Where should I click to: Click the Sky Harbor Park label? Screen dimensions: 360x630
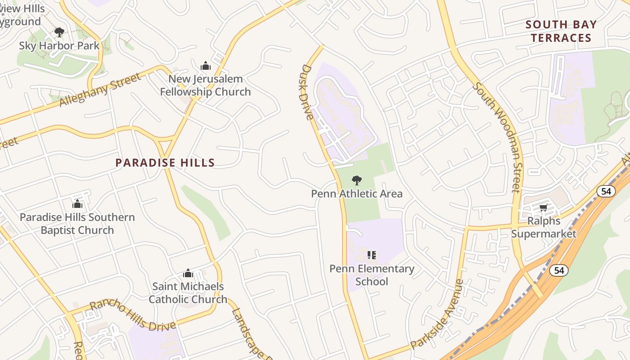click(59, 46)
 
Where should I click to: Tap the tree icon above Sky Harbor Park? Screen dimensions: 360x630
click(59, 32)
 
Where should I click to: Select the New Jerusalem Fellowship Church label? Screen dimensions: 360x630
click(205, 85)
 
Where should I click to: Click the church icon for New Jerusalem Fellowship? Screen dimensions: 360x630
click(206, 66)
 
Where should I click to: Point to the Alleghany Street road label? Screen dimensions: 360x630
click(100, 90)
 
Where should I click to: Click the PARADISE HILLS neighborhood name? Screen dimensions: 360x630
click(165, 162)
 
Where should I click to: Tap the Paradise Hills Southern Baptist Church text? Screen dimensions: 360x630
click(77, 224)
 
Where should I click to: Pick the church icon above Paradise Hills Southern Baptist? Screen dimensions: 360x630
click(77, 204)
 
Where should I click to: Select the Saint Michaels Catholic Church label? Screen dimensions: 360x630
click(188, 292)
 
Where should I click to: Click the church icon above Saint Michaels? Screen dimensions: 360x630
click(188, 273)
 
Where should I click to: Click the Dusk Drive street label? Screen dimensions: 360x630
click(307, 92)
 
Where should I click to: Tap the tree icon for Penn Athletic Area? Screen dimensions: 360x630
click(357, 180)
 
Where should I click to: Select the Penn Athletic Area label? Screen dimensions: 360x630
click(357, 194)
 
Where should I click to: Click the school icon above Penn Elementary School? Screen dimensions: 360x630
click(371, 256)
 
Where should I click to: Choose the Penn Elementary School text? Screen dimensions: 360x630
click(372, 275)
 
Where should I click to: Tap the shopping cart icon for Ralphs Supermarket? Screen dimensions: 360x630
click(543, 207)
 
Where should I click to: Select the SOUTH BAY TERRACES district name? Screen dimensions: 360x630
click(561, 31)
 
